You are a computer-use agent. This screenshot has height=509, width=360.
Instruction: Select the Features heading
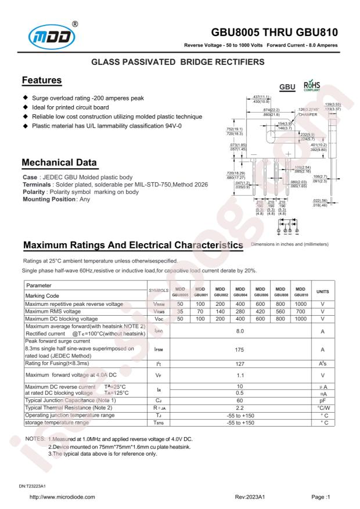pos(42,80)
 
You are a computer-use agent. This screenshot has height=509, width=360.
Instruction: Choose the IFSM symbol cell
pos(159,351)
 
